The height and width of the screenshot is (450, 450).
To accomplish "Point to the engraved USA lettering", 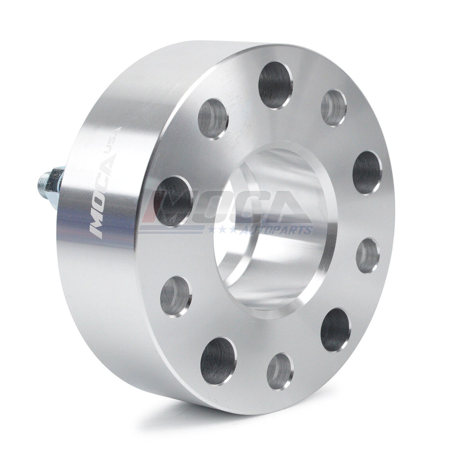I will tap(117, 148).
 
